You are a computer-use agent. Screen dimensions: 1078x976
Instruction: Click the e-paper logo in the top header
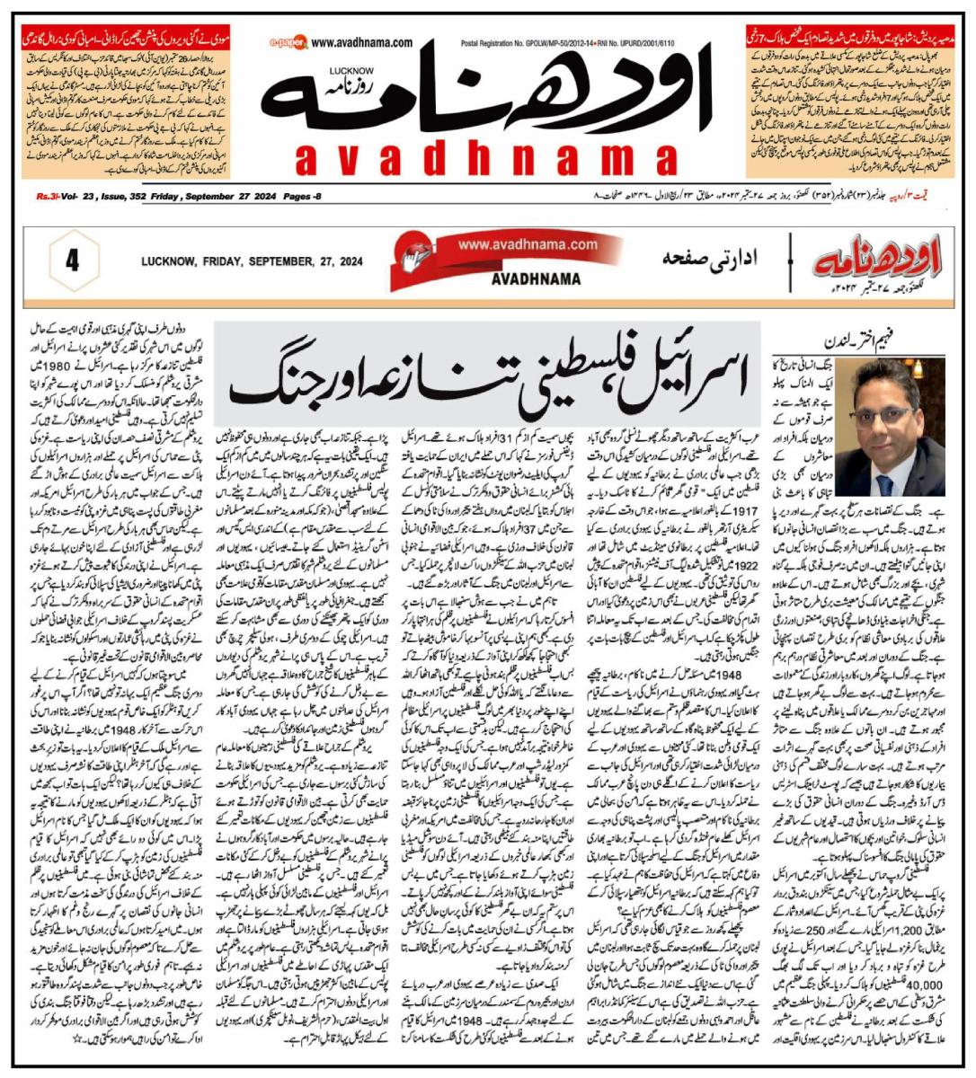(x=287, y=42)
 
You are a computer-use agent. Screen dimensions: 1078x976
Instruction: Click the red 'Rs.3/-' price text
(x=49, y=195)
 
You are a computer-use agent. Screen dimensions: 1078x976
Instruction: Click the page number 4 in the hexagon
(x=72, y=261)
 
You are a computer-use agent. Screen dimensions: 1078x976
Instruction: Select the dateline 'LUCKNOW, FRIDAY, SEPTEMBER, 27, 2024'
(x=252, y=262)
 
